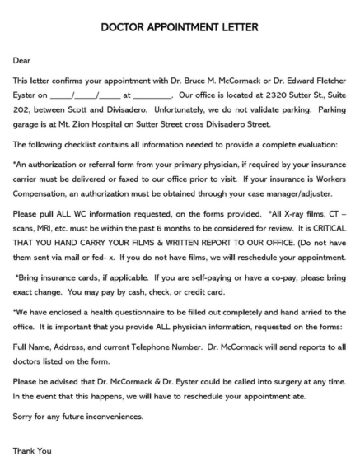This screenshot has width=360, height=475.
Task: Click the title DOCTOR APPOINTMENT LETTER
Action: pyautogui.click(x=180, y=27)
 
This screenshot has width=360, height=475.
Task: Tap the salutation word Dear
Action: pyautogui.click(x=21, y=61)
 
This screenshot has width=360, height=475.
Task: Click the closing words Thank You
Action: pyautogui.click(x=32, y=450)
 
